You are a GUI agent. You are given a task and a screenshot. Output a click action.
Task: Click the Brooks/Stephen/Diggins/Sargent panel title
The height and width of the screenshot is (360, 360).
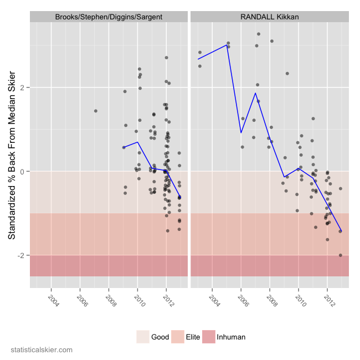(x=109, y=17)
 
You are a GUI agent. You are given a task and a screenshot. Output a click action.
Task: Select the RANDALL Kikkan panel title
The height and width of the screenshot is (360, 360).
(x=270, y=17)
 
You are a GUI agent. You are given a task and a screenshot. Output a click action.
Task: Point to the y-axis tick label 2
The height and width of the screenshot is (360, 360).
(x=23, y=88)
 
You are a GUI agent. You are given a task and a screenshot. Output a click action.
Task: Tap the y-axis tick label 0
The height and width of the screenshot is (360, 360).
(x=23, y=172)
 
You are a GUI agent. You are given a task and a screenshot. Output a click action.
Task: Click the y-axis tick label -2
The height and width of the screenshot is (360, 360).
(x=21, y=255)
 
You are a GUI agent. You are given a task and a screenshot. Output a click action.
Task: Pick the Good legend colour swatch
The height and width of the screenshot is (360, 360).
(x=143, y=337)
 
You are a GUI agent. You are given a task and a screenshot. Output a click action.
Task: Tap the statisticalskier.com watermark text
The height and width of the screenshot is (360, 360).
(x=42, y=350)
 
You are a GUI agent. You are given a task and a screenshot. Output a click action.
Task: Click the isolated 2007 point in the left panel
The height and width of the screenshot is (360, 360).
(x=96, y=111)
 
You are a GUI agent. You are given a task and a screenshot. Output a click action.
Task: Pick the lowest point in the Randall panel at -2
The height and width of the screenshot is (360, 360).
(x=341, y=255)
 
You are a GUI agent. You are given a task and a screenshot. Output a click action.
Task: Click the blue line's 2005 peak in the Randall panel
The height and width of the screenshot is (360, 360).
(x=228, y=45)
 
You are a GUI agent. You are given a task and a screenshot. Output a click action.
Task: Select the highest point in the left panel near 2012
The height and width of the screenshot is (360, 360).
(x=166, y=58)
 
